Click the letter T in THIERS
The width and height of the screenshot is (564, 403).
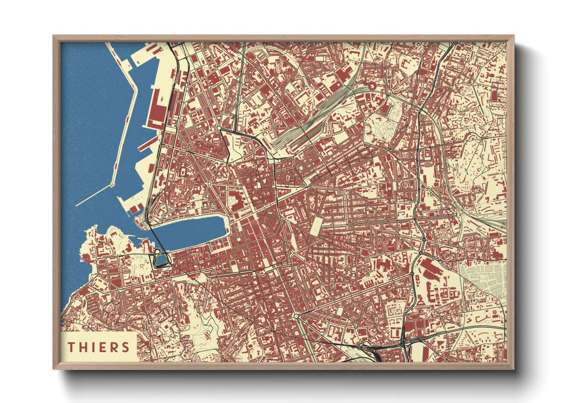[x=71, y=347]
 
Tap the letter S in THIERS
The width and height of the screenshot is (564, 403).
[x=125, y=347]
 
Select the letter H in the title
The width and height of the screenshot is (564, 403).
[x=83, y=347]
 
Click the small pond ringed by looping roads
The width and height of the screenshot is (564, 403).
[x=161, y=260]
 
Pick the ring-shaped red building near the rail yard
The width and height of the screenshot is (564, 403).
[x=371, y=86]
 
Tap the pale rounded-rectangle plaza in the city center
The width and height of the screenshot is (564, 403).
[x=316, y=227]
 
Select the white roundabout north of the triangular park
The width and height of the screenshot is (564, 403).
[x=220, y=128]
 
